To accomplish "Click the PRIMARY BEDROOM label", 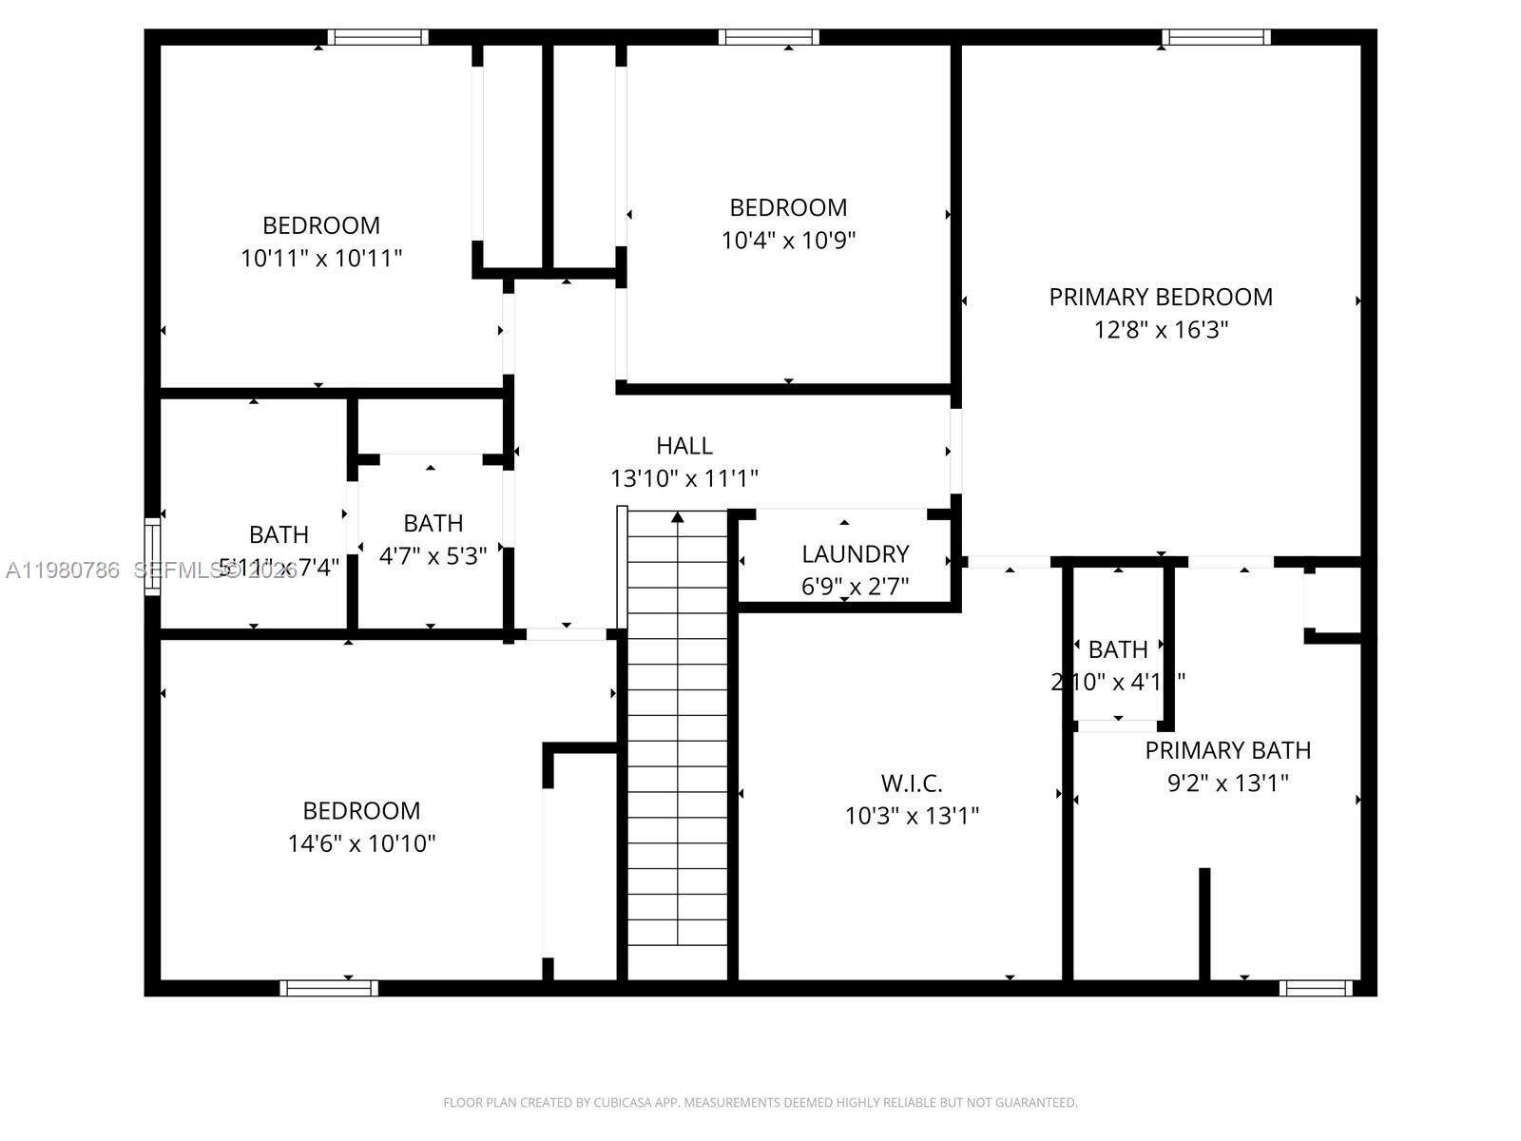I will [1161, 297].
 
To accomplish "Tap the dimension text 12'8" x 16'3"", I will [1161, 330].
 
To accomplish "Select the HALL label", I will [683, 445].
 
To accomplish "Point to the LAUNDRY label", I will [855, 553].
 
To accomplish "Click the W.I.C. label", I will [912, 783].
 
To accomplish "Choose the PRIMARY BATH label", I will [1227, 750].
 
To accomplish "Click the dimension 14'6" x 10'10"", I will [361, 843].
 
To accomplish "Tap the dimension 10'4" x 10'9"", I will [788, 241].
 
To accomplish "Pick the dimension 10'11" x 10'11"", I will [321, 258].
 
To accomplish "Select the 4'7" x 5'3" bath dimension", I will [433, 556].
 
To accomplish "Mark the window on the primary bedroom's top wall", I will [1216, 37].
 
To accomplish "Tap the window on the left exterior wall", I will [152, 556].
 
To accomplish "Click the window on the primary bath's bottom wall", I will [1315, 988].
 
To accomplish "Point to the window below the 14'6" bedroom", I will [329, 988].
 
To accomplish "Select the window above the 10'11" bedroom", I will [377, 37].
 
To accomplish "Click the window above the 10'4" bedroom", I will [768, 37].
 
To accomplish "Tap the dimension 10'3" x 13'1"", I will [912, 816].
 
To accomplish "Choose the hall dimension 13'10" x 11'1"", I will [683, 478].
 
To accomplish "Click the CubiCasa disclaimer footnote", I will [760, 1103].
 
